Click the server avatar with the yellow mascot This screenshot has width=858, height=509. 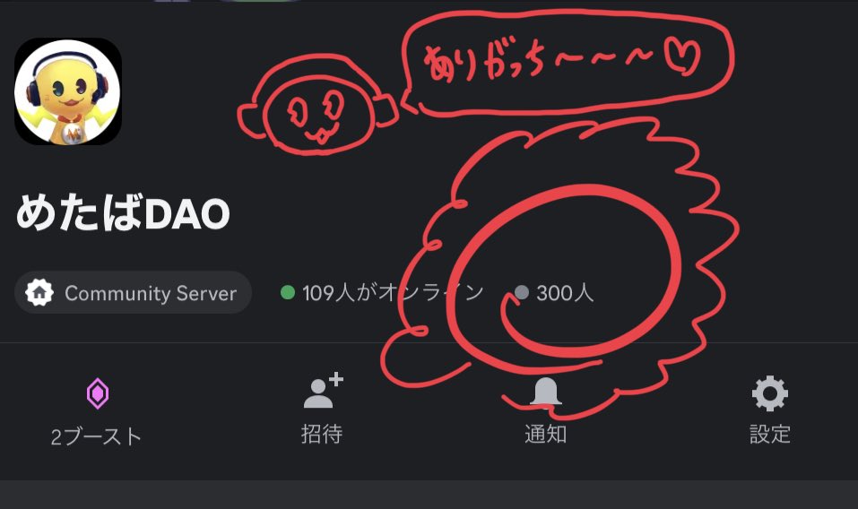coord(68,91)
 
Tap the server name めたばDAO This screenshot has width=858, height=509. coord(123,214)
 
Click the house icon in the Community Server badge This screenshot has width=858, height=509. coord(39,293)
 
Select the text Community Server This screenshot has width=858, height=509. coord(151,293)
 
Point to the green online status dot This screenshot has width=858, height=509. coord(288,292)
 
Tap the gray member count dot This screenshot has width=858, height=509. coord(522,292)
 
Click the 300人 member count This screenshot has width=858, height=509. coord(565,292)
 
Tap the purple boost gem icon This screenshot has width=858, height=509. coord(97,393)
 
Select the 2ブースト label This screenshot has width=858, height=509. coord(97,436)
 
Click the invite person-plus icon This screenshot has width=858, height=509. coord(323,392)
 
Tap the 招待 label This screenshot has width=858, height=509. coord(322,435)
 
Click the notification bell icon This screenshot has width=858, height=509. coord(545,392)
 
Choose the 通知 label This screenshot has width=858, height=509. coord(545,435)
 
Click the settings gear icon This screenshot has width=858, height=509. coord(769,393)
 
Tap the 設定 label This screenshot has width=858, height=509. coord(769,435)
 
